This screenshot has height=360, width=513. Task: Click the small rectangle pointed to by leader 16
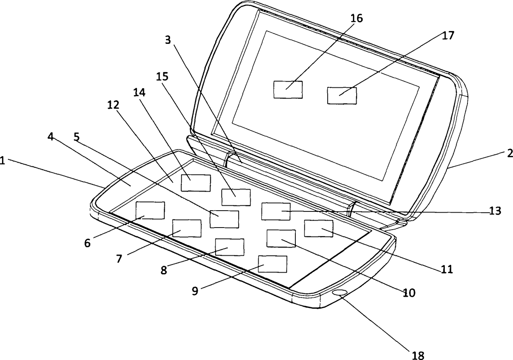288,89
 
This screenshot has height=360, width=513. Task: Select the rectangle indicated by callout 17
342,95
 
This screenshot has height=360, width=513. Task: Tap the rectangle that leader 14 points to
196,182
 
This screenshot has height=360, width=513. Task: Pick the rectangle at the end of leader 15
236,197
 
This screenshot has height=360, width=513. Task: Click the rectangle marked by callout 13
276,211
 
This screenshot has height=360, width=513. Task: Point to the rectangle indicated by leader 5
224,219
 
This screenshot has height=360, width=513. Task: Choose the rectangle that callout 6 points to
150,210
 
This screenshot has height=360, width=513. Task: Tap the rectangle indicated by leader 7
187,228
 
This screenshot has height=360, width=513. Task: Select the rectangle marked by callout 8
230,247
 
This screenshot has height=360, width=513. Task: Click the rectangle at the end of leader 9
273,264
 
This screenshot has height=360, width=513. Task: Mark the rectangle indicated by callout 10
281,238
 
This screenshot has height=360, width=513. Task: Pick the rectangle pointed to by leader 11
319,228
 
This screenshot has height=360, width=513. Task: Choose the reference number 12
114,105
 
